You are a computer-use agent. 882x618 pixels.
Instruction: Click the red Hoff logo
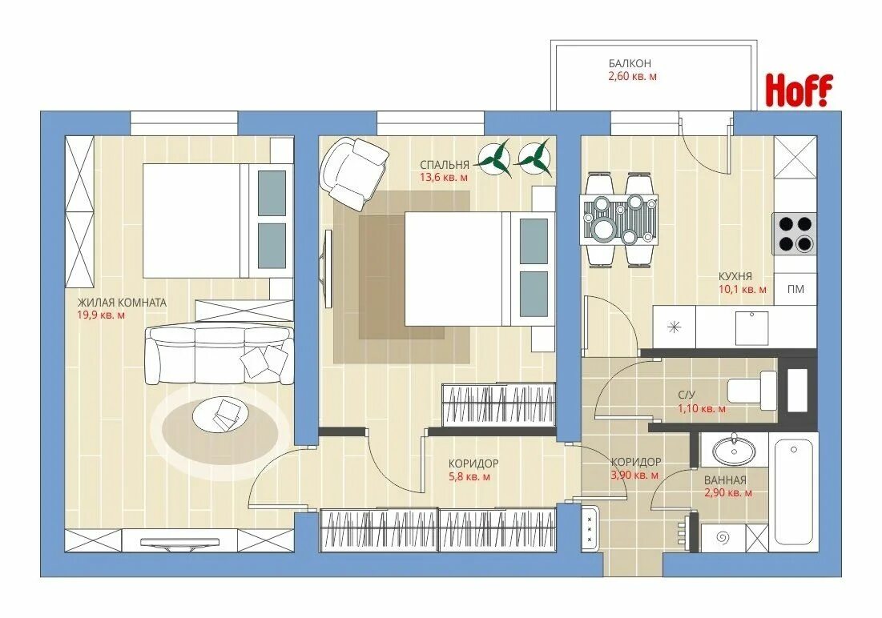coord(799,90)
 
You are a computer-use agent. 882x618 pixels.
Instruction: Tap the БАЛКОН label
coord(630,63)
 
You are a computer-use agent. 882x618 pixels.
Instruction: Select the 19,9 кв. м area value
coord(101,315)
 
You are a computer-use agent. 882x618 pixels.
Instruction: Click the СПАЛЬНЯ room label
coord(444,165)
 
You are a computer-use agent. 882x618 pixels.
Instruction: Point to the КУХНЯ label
coord(735,277)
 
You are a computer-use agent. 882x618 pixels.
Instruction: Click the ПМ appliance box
coord(795,289)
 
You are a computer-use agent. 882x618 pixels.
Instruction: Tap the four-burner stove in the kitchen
coord(795,234)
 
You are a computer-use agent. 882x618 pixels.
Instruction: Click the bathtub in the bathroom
coord(794,492)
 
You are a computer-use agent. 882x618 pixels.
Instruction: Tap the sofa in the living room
coord(219,355)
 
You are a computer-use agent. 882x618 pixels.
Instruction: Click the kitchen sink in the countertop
coord(752,329)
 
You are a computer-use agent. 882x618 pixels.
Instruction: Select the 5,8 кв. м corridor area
coord(469,477)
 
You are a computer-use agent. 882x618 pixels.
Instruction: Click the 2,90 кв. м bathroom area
coord(728,493)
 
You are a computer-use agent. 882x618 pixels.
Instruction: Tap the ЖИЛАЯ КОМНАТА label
coord(122,303)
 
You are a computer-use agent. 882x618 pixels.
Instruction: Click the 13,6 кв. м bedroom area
coord(444,177)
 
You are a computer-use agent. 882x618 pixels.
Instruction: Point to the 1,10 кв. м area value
coord(702,409)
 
